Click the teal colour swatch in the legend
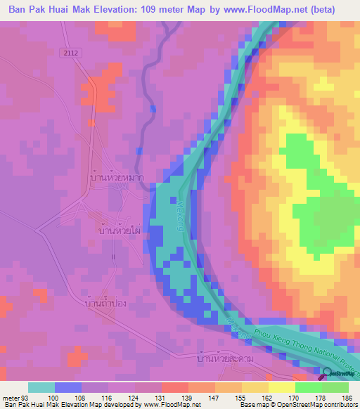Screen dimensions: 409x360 [41, 387]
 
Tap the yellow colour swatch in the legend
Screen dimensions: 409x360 [281, 387]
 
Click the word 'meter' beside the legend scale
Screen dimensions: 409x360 [11, 398]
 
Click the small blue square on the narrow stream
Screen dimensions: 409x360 [153, 108]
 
